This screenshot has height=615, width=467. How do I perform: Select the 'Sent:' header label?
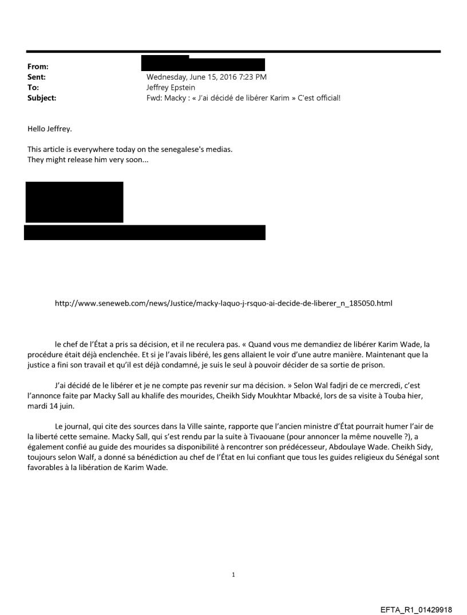pos(37,77)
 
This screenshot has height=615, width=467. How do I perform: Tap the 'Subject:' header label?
pos(42,97)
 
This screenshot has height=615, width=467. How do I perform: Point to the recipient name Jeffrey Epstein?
pos(172,87)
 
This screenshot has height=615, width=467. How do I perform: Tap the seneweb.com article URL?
pos(223,302)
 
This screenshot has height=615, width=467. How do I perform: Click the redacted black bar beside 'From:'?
pos(203,64)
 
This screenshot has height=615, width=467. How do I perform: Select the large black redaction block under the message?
pos(74,202)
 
